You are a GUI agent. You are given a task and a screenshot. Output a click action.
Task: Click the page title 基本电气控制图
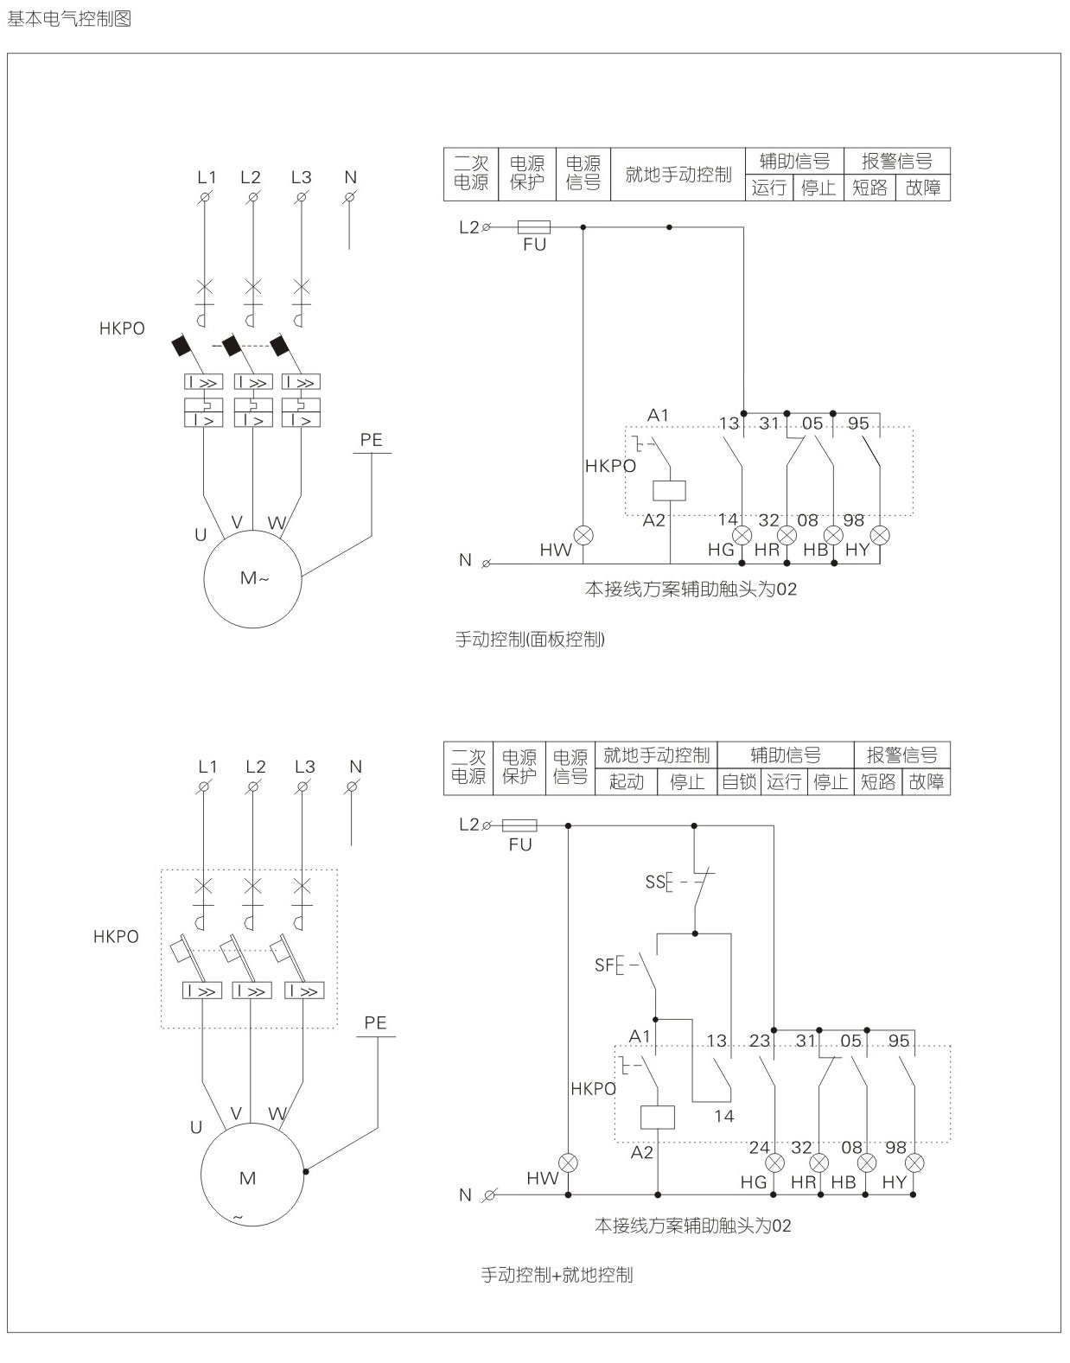click(x=69, y=18)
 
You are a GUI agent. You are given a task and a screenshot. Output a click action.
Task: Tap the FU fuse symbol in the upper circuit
click(x=534, y=227)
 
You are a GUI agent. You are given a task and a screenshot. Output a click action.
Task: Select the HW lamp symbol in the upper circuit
click(x=584, y=534)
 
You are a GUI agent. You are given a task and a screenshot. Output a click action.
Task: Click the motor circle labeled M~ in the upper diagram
click(x=252, y=578)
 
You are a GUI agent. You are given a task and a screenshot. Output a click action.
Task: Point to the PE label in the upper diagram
click(x=371, y=440)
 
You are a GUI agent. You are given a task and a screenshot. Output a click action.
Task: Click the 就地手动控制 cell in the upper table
click(x=678, y=175)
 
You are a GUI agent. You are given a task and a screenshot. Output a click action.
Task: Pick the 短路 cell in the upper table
click(x=869, y=188)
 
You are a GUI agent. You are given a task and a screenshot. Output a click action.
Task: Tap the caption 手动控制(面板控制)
click(x=530, y=640)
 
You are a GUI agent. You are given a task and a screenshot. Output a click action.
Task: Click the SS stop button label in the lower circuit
click(x=655, y=882)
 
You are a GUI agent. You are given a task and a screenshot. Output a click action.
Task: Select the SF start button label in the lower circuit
click(x=604, y=965)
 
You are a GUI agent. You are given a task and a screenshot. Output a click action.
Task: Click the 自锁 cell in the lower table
click(x=739, y=782)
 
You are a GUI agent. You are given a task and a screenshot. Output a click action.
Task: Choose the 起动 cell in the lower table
click(x=627, y=782)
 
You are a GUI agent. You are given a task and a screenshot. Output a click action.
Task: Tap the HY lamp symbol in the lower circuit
click(x=914, y=1162)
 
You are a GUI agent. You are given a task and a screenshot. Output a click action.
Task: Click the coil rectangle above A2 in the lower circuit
click(x=657, y=1117)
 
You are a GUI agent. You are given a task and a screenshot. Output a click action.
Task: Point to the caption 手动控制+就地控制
click(x=557, y=1275)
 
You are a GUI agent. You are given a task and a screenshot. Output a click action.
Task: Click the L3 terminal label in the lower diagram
click(x=304, y=767)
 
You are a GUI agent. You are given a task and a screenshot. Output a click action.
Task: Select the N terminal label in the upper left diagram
click(x=350, y=177)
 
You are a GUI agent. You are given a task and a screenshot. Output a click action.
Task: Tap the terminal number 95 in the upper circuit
click(x=858, y=424)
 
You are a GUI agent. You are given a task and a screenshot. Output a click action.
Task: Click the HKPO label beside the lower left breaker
click(x=116, y=937)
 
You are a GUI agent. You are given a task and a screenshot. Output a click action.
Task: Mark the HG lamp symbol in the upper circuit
click(x=742, y=534)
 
